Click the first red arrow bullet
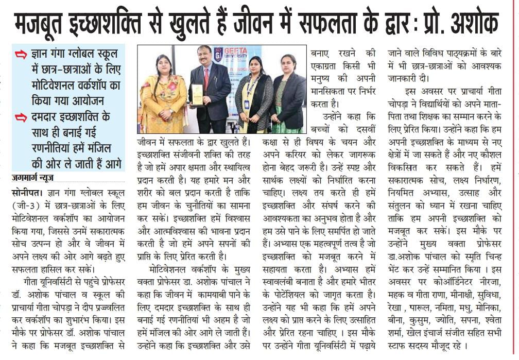tap(21, 54)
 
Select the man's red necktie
tap(206, 77)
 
